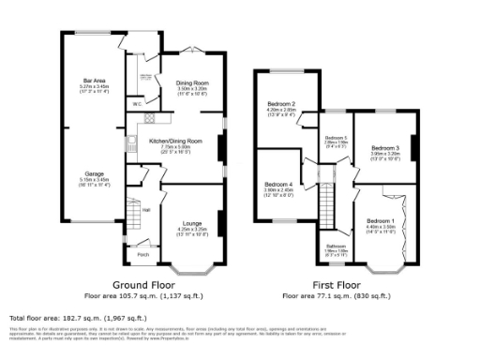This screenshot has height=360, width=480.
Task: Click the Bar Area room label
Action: pos(93,82)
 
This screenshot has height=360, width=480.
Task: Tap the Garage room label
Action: pos(93,173)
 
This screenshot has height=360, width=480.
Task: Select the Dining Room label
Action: pos(190,83)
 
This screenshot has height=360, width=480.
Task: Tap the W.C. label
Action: pos(137,103)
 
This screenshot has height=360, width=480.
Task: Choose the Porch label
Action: pos(143,254)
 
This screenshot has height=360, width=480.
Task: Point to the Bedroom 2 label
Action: pos(282,104)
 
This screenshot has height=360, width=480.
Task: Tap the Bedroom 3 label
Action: pos(384,148)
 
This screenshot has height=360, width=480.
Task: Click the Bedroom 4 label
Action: pos(278,183)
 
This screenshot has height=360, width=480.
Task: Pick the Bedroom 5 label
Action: pos(335,138)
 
